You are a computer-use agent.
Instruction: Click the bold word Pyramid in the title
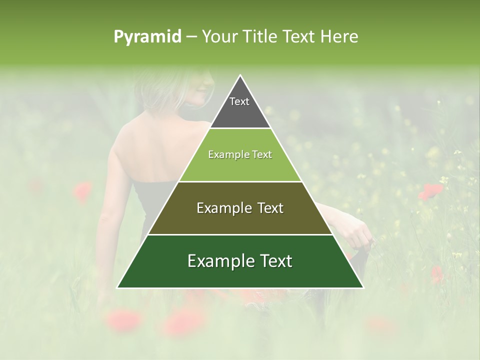147,37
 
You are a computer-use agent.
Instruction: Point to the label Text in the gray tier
239,101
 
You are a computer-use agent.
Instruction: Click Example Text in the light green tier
240,154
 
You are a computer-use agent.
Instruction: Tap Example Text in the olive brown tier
240,208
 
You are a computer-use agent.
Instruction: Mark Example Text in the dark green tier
240,261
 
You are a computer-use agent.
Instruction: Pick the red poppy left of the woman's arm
82,191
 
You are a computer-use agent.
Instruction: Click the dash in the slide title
191,37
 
